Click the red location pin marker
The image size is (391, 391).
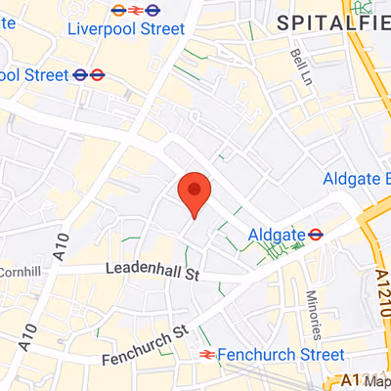[x=195, y=193]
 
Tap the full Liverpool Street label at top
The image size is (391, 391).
[x=125, y=29]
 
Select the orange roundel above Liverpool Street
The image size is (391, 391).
[x=118, y=11]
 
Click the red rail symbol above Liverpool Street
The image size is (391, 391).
[x=136, y=11]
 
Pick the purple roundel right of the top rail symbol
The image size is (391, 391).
[x=153, y=11]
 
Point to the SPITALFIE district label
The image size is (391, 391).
[x=332, y=22]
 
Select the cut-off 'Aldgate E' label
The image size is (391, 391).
[x=357, y=179]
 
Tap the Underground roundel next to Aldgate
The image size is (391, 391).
[x=316, y=235]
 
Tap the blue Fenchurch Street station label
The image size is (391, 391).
[x=282, y=354]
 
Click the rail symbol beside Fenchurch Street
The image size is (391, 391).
[x=206, y=354]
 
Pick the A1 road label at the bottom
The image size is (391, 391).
[x=351, y=380]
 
